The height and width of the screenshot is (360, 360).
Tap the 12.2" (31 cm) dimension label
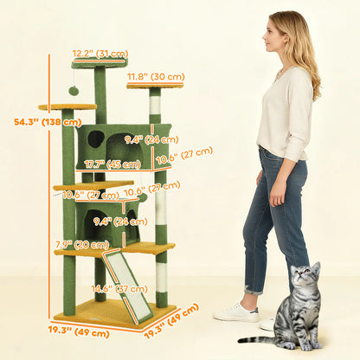pyautogui.click(x=100, y=54)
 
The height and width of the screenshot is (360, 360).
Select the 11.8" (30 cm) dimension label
pyautogui.click(x=156, y=76)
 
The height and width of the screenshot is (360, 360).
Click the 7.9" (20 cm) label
pyautogui.click(x=69, y=244)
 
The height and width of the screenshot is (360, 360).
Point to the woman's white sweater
pyautogui.click(x=285, y=112)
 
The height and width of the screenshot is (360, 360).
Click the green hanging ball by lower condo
pyautogui.click(x=143, y=198)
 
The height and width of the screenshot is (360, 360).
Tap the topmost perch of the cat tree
pyautogui.click(x=100, y=63)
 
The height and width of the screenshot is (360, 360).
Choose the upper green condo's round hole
pyautogui.click(x=95, y=138)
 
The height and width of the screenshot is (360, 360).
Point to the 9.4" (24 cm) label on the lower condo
pyautogui.click(x=108, y=221)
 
